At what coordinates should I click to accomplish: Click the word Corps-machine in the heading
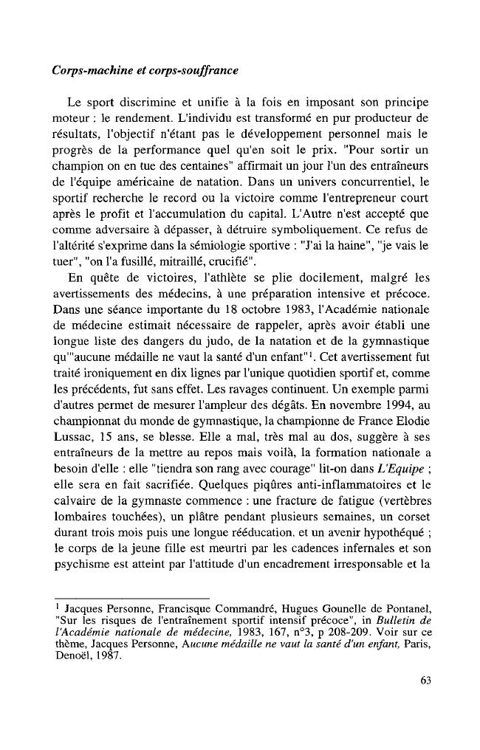86,72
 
